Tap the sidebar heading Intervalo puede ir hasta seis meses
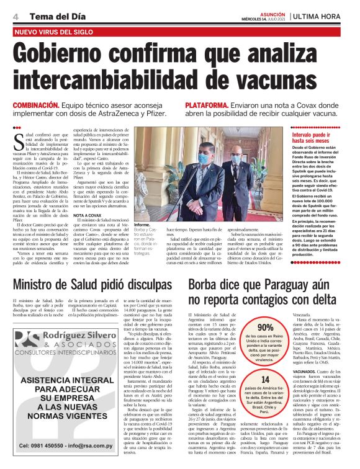[317, 137]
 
